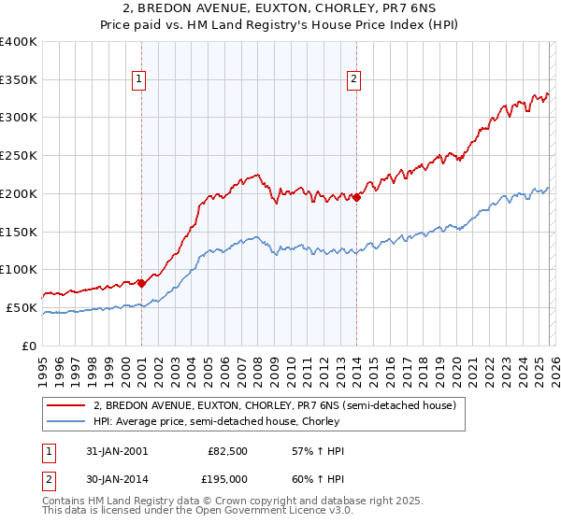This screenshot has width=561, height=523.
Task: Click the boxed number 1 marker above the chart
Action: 138,80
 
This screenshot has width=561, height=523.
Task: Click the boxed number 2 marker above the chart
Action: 354,80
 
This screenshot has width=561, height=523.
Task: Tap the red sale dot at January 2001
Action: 141,283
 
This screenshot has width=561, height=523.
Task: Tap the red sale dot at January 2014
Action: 356,196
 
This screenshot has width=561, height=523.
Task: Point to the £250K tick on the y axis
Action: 19,155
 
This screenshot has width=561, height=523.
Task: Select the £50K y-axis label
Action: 22,307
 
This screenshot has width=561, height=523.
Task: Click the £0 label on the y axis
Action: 30,346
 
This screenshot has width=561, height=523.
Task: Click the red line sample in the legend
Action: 67,405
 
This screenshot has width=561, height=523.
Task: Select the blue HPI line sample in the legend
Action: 67,421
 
